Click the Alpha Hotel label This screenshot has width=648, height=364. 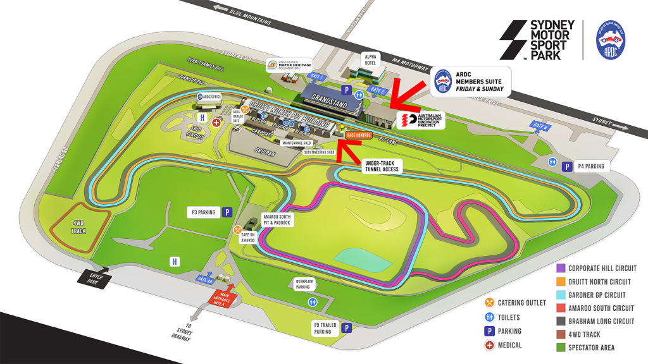pyautogui.click(x=370, y=59)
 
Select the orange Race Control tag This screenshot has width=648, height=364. pyautogui.click(x=359, y=135)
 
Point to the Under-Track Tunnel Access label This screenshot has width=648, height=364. pyautogui.click(x=382, y=166)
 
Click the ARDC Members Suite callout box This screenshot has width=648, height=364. pyautogui.click(x=471, y=82)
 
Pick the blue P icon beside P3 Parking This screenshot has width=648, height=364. pyautogui.click(x=227, y=213)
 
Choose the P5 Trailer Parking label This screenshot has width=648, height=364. pyautogui.click(x=326, y=328)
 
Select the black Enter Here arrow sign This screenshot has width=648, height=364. pyautogui.click(x=94, y=279)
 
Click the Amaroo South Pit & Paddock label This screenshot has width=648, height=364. pyautogui.click(x=272, y=220)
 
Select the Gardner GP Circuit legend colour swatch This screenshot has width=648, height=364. pyautogui.click(x=561, y=295)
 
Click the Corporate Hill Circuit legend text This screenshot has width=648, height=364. pyautogui.click(x=602, y=269)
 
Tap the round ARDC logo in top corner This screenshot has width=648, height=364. pyautogui.click(x=613, y=39)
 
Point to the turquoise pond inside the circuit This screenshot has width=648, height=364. pyautogui.click(x=359, y=257)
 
